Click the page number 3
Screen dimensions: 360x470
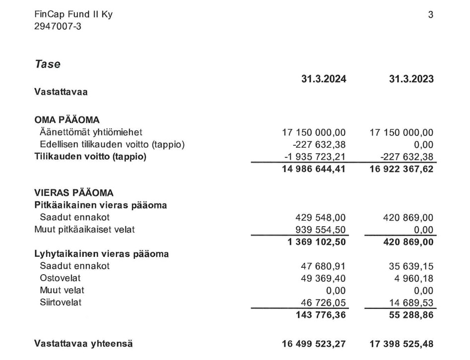pos(430,15)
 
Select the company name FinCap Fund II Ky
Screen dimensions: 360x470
pos(73,14)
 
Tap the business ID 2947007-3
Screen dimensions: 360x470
pos(58,26)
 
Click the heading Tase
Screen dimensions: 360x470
pos(48,64)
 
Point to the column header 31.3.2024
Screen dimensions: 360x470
pos(324,79)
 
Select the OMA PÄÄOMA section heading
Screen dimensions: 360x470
pos(67,120)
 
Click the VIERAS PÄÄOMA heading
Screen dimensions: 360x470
pos(74,193)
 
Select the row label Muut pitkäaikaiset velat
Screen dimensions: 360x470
pos(84,229)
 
